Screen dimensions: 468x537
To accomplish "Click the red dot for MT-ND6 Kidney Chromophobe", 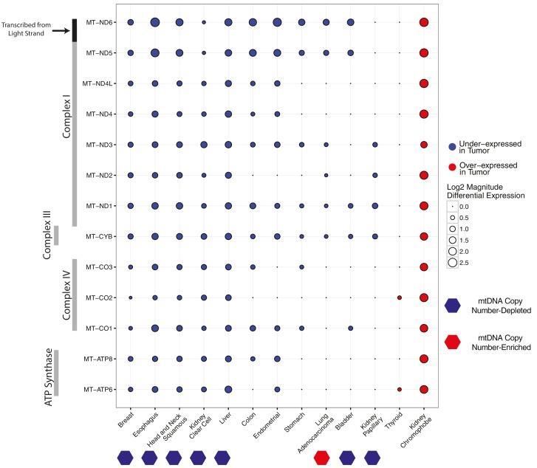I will (424, 23).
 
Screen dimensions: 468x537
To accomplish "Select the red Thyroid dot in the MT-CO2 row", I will (400, 297).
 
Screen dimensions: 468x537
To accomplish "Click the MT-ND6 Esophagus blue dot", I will (155, 23).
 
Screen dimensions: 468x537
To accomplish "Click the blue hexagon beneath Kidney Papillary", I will (375, 457).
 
